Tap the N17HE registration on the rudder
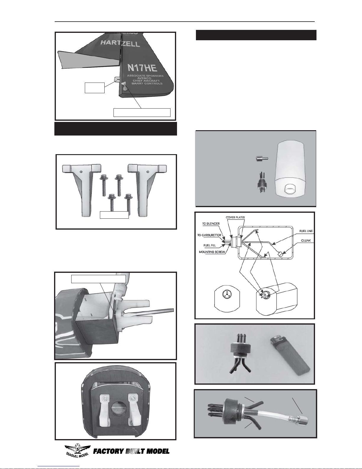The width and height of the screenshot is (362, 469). [142, 67]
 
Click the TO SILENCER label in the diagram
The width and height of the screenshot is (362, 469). [211, 224]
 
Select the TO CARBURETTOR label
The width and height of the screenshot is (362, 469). [209, 235]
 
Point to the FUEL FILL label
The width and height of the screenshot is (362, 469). [210, 245]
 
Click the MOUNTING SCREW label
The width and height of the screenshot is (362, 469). [212, 252]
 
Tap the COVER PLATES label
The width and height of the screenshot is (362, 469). [235, 217]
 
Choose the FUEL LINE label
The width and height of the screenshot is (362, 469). [306, 231]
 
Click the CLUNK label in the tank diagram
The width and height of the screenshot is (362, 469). [306, 241]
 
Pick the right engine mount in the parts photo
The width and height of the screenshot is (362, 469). [147, 190]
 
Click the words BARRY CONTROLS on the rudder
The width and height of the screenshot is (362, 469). [147, 83]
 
